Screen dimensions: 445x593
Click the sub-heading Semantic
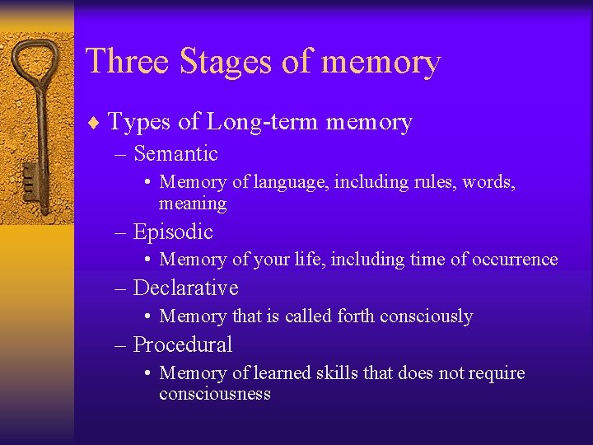click(175, 153)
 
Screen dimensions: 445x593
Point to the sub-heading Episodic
click(172, 232)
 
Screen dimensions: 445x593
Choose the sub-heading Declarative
click(185, 288)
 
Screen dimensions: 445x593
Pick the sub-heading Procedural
click(182, 344)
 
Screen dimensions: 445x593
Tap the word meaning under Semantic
click(193, 203)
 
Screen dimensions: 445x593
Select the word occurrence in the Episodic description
click(514, 259)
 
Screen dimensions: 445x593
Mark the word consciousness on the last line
click(214, 393)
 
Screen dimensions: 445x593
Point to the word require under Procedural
click(496, 373)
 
